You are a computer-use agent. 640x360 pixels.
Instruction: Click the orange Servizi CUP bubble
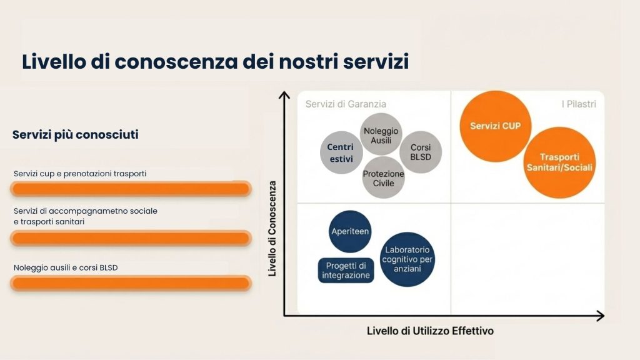tap(496, 126)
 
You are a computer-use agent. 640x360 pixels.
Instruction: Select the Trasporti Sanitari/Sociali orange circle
tap(559, 162)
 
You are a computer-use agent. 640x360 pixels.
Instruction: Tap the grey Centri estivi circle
tap(341, 152)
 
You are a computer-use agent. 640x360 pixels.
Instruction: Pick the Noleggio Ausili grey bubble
tap(381, 134)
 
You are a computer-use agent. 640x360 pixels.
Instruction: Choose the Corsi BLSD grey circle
tap(421, 152)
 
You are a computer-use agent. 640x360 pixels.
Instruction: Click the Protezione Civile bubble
tap(383, 177)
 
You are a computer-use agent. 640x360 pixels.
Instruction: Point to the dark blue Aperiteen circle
tap(350, 231)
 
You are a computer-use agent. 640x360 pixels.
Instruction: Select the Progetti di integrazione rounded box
tap(346, 270)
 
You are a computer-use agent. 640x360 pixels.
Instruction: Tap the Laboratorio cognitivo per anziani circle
tap(407, 259)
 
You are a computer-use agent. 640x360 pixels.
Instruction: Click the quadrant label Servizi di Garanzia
tap(346, 104)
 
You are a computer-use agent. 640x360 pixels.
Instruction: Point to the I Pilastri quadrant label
tap(578, 104)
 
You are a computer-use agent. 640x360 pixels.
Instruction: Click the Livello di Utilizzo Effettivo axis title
tap(430, 331)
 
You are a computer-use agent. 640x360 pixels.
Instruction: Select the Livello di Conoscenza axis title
tap(272, 229)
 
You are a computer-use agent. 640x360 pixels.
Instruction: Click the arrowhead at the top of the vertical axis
tap(284, 95)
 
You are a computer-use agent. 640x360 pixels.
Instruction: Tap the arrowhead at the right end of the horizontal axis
tap(601, 316)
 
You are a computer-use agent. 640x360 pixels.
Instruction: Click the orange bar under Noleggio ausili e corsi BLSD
tap(131, 283)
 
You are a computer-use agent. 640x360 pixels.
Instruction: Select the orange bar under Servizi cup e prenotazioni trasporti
tap(131, 189)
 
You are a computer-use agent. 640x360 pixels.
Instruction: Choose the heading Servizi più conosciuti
tap(76, 135)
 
